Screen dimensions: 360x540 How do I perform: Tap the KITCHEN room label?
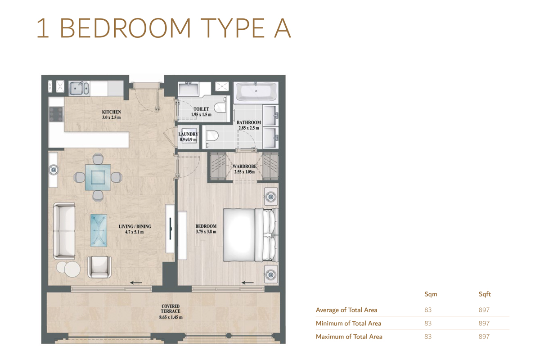111,112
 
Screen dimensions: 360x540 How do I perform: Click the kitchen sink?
79,88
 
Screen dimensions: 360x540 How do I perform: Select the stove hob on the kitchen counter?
56,114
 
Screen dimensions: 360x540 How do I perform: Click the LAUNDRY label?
188,134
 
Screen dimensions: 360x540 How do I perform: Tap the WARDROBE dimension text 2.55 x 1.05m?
244,171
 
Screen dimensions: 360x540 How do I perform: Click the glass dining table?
98,176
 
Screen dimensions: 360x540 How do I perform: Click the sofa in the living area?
64,230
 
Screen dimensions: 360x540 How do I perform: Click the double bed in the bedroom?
250,235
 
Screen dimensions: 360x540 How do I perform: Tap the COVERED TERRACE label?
171,309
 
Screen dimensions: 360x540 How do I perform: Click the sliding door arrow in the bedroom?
248,283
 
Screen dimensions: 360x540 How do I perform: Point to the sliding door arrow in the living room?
136,283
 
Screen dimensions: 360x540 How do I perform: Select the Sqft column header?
484,294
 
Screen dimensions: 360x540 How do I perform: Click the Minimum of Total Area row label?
348,323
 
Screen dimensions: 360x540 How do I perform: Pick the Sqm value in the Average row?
427,310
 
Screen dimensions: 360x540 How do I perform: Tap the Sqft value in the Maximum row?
484,336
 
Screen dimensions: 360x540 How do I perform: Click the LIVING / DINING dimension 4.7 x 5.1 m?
135,232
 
